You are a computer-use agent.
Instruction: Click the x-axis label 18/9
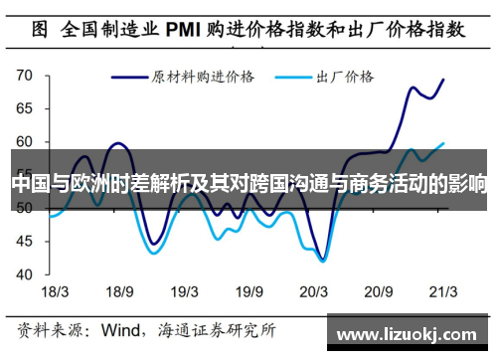point(119,291)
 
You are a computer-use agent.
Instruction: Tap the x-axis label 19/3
point(185,291)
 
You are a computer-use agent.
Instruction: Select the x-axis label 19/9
point(249,291)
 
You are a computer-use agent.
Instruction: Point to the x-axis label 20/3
point(314,291)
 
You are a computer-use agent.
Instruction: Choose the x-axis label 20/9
point(380,291)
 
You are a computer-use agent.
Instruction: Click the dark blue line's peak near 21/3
point(442,80)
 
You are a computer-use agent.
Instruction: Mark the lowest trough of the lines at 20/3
point(323,261)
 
